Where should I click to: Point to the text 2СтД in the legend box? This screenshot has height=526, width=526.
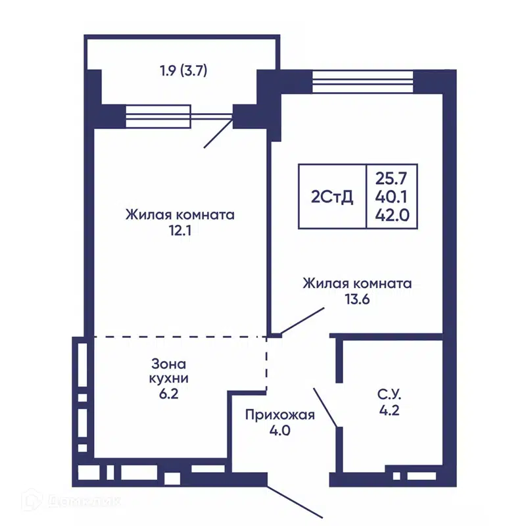tap(331, 197)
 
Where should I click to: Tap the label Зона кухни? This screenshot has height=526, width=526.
tap(169, 371)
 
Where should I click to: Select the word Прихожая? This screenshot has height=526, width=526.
tap(280, 415)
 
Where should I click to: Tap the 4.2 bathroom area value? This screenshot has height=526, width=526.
tap(389, 412)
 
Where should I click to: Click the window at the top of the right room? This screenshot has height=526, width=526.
tap(362, 82)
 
